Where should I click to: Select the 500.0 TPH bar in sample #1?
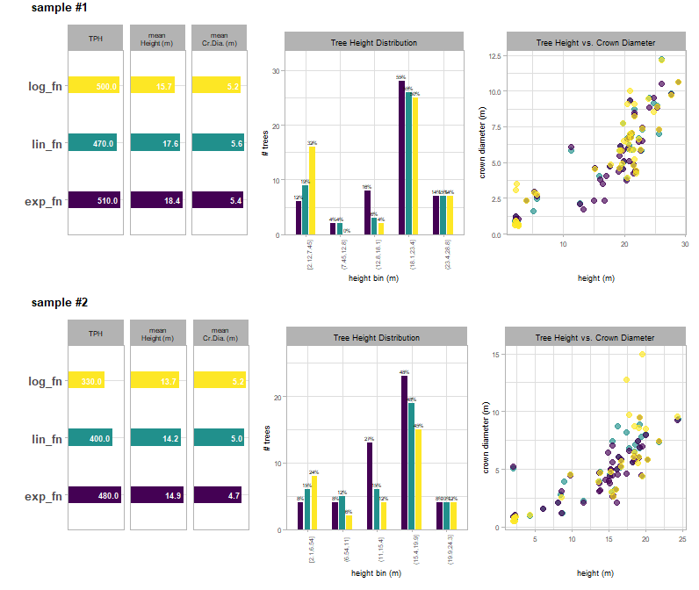point(94,85)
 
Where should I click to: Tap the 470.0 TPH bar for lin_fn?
point(92,143)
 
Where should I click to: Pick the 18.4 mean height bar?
point(156,201)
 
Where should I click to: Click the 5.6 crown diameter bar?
point(217,143)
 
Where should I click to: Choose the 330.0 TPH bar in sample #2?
point(86,380)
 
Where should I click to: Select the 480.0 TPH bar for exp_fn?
point(95,496)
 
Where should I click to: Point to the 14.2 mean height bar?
point(156,438)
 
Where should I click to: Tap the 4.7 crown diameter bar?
point(216,496)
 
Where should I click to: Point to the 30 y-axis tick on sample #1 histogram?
point(277,72)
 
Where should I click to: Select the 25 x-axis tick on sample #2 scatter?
point(682,541)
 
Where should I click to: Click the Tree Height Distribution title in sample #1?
point(374,42)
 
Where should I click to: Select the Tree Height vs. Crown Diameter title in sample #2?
point(595,337)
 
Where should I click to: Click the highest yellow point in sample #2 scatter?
point(643,354)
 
